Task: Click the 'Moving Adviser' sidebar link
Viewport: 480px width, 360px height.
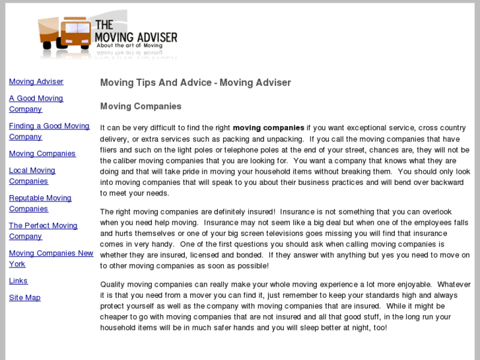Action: pyautogui.click(x=36, y=82)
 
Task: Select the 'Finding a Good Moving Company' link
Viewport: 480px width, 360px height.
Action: pyautogui.click(x=49, y=126)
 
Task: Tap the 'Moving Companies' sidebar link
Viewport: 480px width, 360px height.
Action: pyautogui.click(x=42, y=154)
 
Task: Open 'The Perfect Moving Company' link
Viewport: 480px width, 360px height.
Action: pyautogui.click(x=43, y=226)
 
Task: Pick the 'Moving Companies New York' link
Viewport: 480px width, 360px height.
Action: pyautogui.click(x=51, y=254)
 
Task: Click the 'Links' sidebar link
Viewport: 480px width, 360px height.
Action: pyautogui.click(x=18, y=281)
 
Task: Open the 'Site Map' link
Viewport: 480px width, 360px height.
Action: pyautogui.click(x=24, y=298)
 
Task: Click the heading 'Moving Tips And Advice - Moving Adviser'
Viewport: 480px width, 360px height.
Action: pyautogui.click(x=195, y=83)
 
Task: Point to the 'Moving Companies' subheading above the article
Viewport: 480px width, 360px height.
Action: pyautogui.click(x=141, y=106)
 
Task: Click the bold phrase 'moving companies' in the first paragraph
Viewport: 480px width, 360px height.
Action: pyautogui.click(x=269, y=128)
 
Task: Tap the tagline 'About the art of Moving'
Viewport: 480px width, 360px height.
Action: pyautogui.click(x=125, y=46)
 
